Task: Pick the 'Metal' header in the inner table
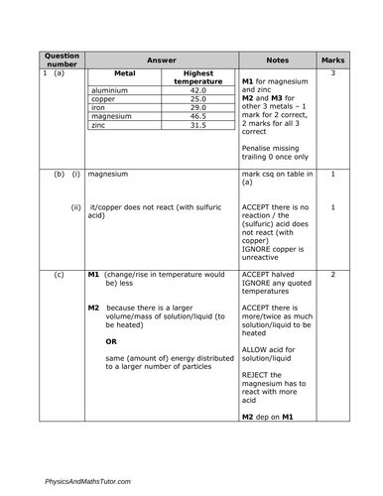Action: pos(125,72)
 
